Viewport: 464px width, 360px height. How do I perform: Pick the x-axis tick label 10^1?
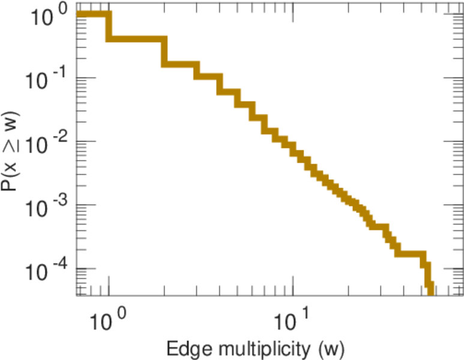coord(292,315)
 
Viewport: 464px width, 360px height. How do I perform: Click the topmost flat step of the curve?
coord(92,14)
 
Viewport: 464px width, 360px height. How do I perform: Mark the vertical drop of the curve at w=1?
coord(109,26)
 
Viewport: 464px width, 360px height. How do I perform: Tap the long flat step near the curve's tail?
coord(411,254)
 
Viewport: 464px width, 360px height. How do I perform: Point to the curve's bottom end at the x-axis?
coord(430,290)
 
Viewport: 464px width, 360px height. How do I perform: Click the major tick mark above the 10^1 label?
coord(292,292)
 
